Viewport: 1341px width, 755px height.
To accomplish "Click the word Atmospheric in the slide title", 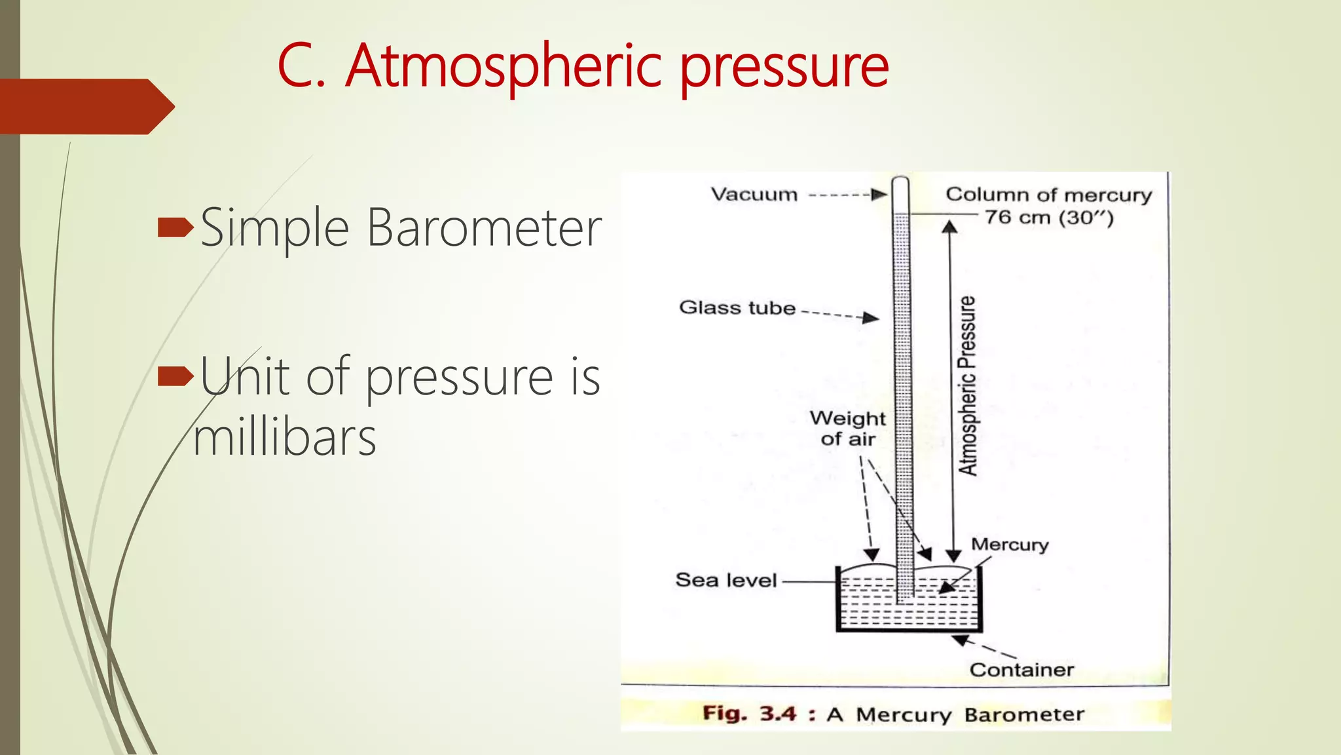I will pos(504,66).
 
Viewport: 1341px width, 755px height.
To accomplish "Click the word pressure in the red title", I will pos(784,68).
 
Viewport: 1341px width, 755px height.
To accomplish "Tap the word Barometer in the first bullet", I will pos(483,228).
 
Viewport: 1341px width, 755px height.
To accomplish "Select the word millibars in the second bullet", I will pos(285,437).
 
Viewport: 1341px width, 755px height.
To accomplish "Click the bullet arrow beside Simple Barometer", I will pos(175,227).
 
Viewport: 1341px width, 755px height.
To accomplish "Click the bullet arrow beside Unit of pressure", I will pos(175,376).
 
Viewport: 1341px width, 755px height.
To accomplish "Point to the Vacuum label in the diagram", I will pos(754,195).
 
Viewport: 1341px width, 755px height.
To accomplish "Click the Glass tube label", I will pos(737,307).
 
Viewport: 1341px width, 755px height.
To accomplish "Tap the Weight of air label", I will pos(848,429).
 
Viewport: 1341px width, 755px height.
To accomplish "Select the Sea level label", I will pos(726,580).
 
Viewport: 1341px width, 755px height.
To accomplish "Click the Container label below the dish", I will pos(1021,670).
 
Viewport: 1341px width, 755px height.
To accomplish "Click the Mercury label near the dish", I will pos(1010,545).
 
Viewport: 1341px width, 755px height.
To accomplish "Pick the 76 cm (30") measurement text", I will pos(1049,218).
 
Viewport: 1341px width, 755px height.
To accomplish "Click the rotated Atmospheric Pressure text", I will pos(968,385).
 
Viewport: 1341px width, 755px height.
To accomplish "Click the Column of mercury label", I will pos(1048,195).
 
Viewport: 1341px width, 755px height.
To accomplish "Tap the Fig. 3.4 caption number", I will pos(777,713).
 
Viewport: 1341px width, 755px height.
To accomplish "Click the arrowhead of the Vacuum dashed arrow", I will pos(880,195).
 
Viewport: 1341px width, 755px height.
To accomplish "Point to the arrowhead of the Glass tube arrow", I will pos(872,318).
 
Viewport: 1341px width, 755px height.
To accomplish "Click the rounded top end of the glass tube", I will pos(901,180).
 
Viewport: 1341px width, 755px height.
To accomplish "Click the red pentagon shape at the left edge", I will pos(85,106).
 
